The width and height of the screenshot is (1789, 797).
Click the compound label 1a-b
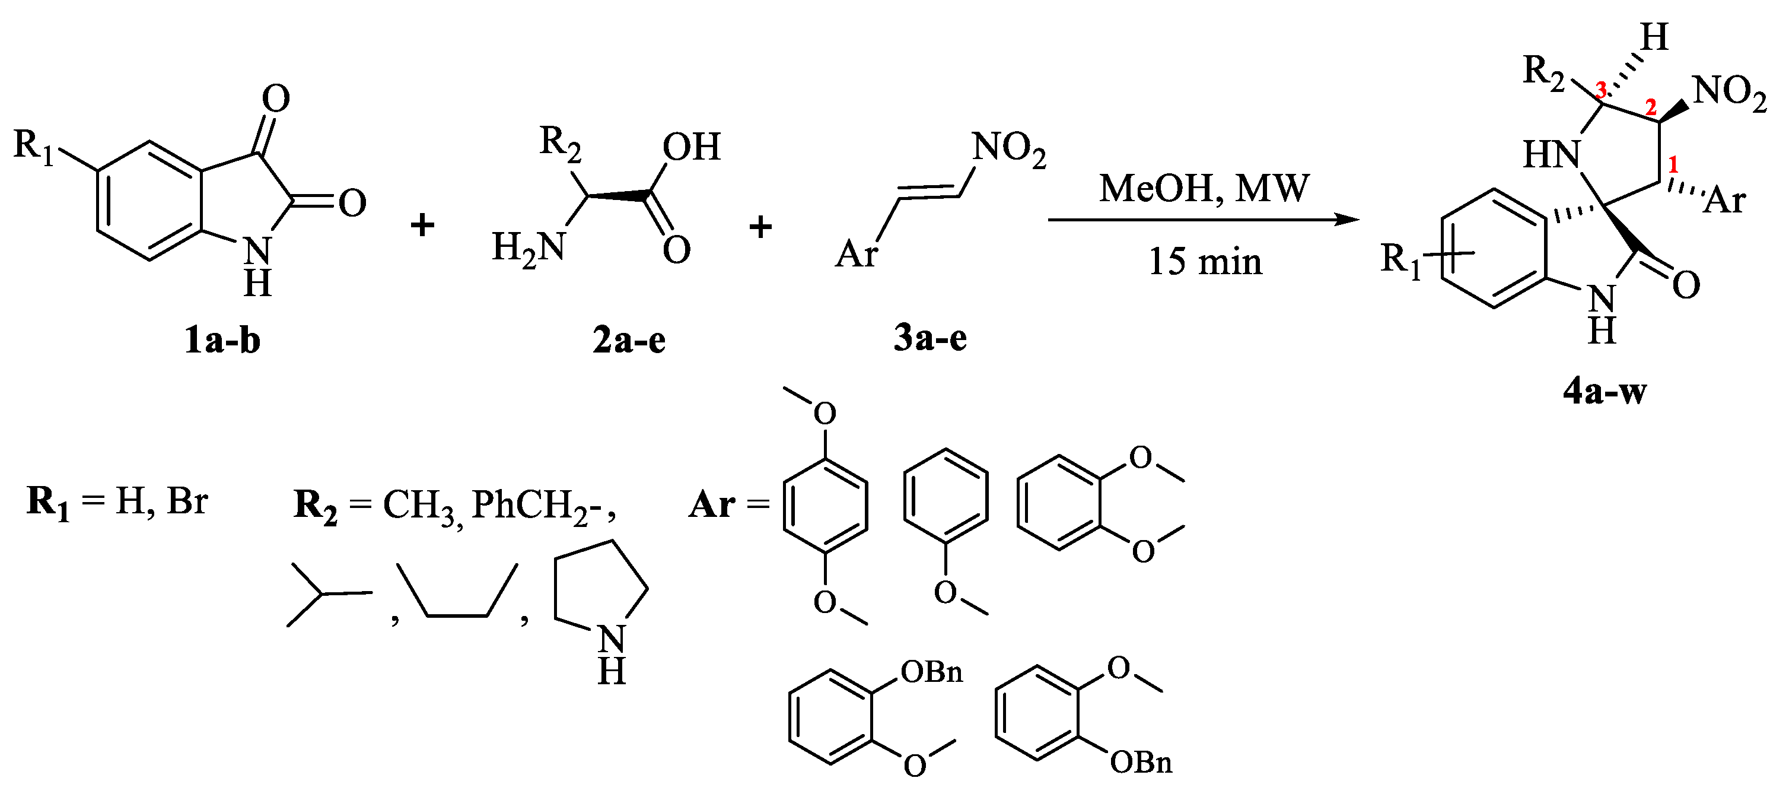coord(222,341)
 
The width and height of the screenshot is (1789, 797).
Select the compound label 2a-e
coord(629,341)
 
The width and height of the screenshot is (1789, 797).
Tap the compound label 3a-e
coord(930,338)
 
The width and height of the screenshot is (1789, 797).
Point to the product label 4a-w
coord(1605,392)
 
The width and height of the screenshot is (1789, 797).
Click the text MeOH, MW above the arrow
coord(1204,188)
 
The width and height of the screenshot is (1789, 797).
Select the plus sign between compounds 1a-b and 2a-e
coord(422,225)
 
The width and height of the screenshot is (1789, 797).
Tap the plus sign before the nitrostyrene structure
coord(760,227)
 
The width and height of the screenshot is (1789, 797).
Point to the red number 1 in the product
coord(1673,164)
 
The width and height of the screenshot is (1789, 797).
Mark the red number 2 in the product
coord(1651,107)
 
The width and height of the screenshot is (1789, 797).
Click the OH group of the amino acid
coord(691,147)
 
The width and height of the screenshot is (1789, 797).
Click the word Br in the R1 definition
coord(187,500)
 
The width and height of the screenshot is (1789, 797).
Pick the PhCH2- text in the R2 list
coord(542,505)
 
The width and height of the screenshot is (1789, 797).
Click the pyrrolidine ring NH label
coord(611,653)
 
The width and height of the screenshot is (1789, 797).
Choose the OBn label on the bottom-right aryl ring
coord(1141,762)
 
